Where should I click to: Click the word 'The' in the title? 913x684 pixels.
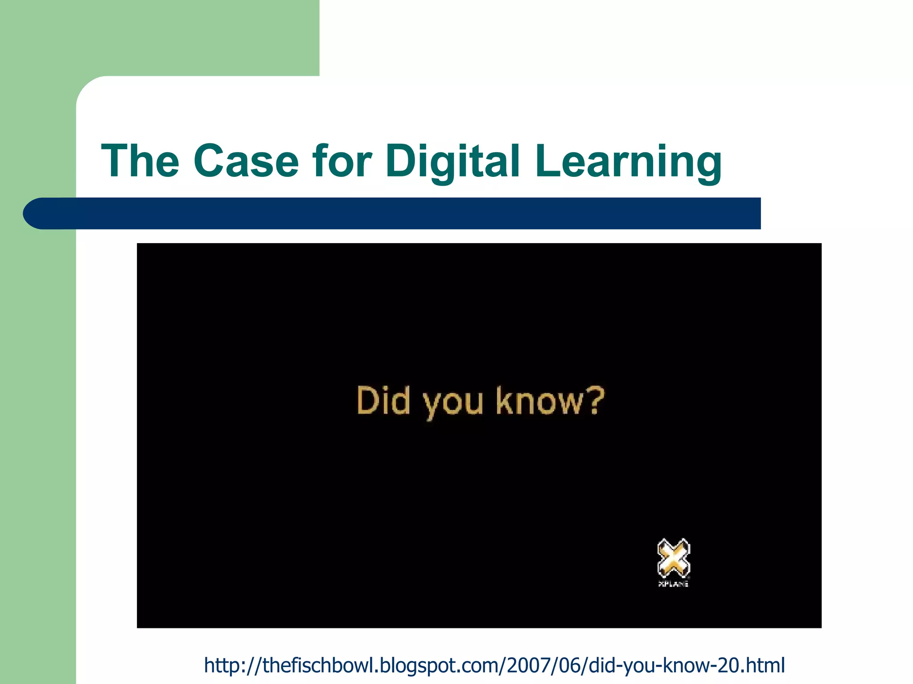(140, 161)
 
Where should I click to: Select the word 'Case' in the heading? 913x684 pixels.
(246, 161)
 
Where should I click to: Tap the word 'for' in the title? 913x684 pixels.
(342, 161)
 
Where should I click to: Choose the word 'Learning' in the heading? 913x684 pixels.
(628, 161)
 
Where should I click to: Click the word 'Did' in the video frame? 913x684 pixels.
(383, 401)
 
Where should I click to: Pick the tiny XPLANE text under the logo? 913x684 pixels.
(674, 584)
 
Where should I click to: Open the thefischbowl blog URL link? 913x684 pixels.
(494, 665)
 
